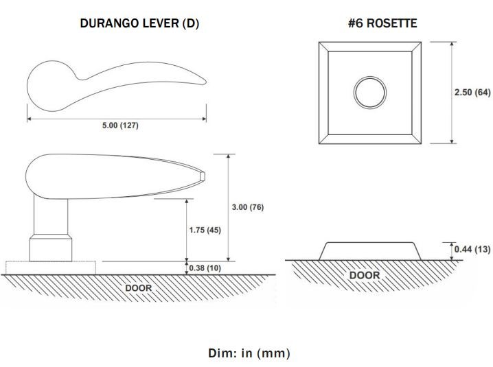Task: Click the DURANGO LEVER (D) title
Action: coord(139,23)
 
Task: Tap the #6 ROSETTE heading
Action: coord(382,23)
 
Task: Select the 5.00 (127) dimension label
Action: coord(120,126)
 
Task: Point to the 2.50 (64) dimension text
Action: coord(472,93)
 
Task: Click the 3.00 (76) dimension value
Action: coord(248,207)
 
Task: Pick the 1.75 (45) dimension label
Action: coord(205,230)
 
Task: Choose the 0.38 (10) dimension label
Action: coord(205,268)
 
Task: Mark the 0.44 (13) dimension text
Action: coord(472,249)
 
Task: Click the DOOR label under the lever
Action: coord(138,288)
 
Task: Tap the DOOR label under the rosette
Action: coord(365,275)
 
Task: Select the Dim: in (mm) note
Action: coord(249,353)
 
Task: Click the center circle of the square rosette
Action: coord(370,93)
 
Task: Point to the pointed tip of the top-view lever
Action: coord(205,82)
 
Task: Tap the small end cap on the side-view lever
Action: coord(203,176)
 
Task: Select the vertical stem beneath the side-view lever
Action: coord(51,215)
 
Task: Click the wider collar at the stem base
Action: coord(51,248)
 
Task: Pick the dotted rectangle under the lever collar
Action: coord(51,268)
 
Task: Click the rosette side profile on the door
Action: coord(370,251)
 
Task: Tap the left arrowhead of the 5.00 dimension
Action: coord(30,119)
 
